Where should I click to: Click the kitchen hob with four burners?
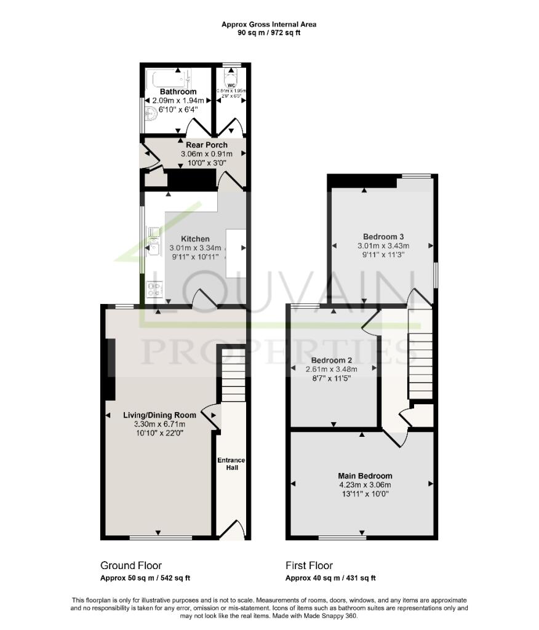pos(153,288)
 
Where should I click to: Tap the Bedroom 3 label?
pos(383,236)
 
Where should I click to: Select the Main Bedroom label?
pos(365,476)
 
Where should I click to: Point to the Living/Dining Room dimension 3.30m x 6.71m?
pos(159,424)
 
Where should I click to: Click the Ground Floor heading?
pos(131,565)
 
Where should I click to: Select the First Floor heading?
pos(309,565)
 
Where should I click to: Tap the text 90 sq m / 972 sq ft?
pos(269,33)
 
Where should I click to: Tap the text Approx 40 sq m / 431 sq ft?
pos(330,578)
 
